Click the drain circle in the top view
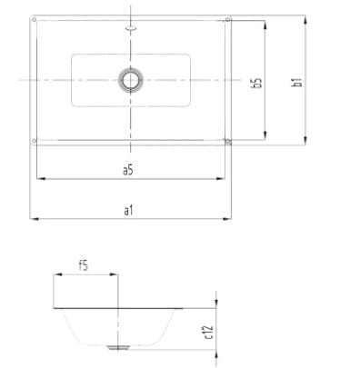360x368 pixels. pyautogui.click(x=131, y=80)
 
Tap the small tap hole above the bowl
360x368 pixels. pyautogui.click(x=131, y=28)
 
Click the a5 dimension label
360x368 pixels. pyautogui.click(x=128, y=170)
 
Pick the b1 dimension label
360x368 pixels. pyautogui.click(x=296, y=83)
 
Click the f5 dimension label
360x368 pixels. pyautogui.click(x=83, y=265)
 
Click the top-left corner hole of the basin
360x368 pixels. pyautogui.click(x=33, y=18)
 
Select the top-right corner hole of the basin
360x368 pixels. pyautogui.click(x=228, y=18)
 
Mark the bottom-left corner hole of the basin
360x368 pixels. pyautogui.click(x=35, y=141)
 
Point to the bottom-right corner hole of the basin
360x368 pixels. pyautogui.click(x=227, y=141)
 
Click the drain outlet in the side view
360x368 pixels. pyautogui.click(x=118, y=346)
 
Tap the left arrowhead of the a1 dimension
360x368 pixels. pyautogui.click(x=33, y=219)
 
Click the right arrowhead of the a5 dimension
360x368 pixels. pyautogui.click(x=225, y=179)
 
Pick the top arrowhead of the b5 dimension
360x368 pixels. pyautogui.click(x=265, y=20)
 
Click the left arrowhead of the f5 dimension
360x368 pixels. pyautogui.click(x=56, y=275)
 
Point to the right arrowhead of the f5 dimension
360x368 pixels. pyautogui.click(x=115, y=275)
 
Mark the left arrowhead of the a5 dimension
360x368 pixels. pyautogui.click(x=38, y=179)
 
